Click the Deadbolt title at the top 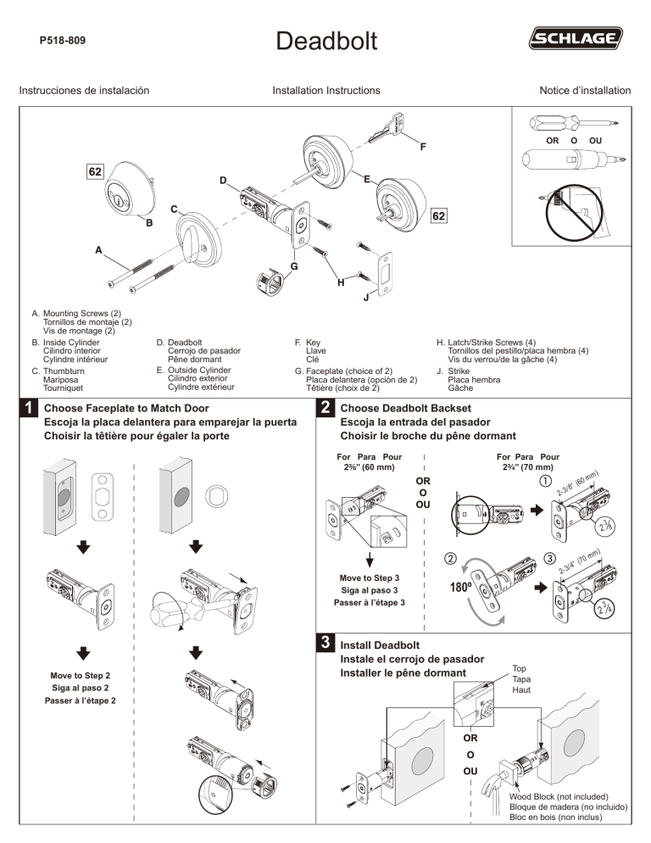pyautogui.click(x=325, y=38)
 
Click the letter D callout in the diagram pyautogui.click(x=222, y=181)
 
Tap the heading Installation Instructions pyautogui.click(x=325, y=90)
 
